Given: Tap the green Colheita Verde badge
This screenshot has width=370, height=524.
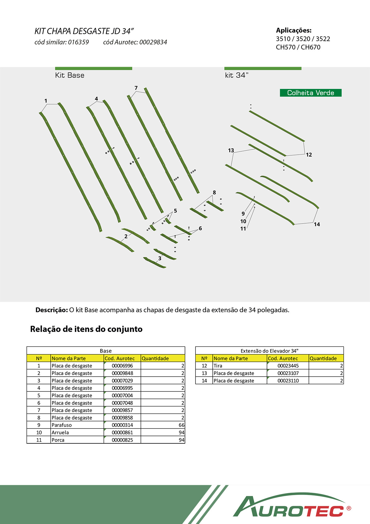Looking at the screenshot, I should click(x=310, y=93).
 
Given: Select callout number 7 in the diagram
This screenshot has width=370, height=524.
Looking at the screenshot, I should click(x=136, y=88).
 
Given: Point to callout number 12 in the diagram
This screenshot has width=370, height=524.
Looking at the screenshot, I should click(x=309, y=155).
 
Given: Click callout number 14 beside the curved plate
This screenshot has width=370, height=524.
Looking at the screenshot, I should click(x=317, y=224).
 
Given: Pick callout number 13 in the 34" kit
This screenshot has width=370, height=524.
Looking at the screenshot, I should click(x=231, y=150).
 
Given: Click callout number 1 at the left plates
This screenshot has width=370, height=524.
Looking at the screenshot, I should click(x=46, y=101).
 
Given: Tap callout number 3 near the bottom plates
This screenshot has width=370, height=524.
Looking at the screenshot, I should click(x=160, y=258).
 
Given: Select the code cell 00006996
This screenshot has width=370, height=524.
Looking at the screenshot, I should click(x=122, y=366).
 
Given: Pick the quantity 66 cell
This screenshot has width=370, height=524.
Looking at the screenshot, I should click(x=181, y=425).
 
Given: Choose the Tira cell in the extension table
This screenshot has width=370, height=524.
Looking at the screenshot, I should click(x=218, y=366).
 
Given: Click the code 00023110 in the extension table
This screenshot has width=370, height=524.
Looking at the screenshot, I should click(x=288, y=380).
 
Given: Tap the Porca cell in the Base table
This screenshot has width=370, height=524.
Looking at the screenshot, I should click(x=58, y=440).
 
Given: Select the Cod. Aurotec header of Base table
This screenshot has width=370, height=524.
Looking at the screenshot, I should click(x=120, y=358).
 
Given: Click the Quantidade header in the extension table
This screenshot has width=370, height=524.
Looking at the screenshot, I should click(x=323, y=358).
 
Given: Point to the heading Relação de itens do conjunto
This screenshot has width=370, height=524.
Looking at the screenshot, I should click(x=86, y=329).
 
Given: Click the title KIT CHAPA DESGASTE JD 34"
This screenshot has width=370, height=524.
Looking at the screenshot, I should click(x=84, y=31).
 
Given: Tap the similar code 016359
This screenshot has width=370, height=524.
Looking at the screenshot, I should click(x=78, y=42).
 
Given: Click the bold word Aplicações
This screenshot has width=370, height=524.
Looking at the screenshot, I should click(x=294, y=30).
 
